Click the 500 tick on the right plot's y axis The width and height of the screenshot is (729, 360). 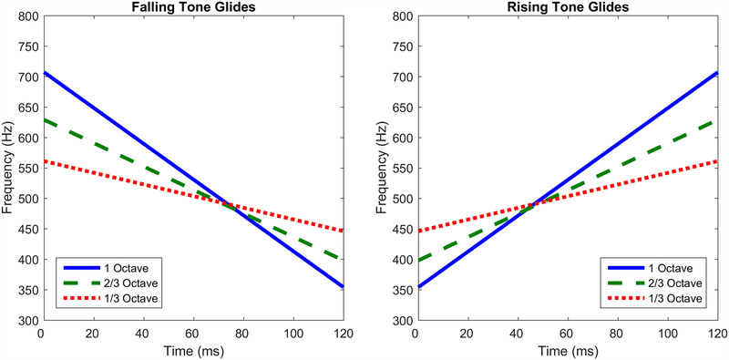[400, 199]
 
